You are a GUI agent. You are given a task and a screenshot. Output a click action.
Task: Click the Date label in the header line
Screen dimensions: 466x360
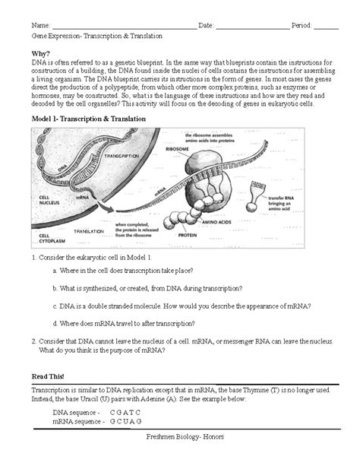pos(207,25)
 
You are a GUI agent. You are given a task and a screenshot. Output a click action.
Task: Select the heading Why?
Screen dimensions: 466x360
pos(42,54)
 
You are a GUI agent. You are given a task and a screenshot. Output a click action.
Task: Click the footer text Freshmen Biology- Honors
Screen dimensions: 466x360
pos(180,454)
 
